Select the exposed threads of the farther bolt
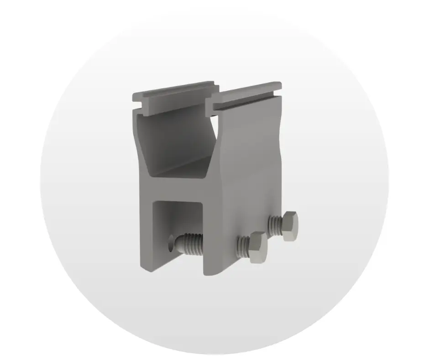275,223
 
